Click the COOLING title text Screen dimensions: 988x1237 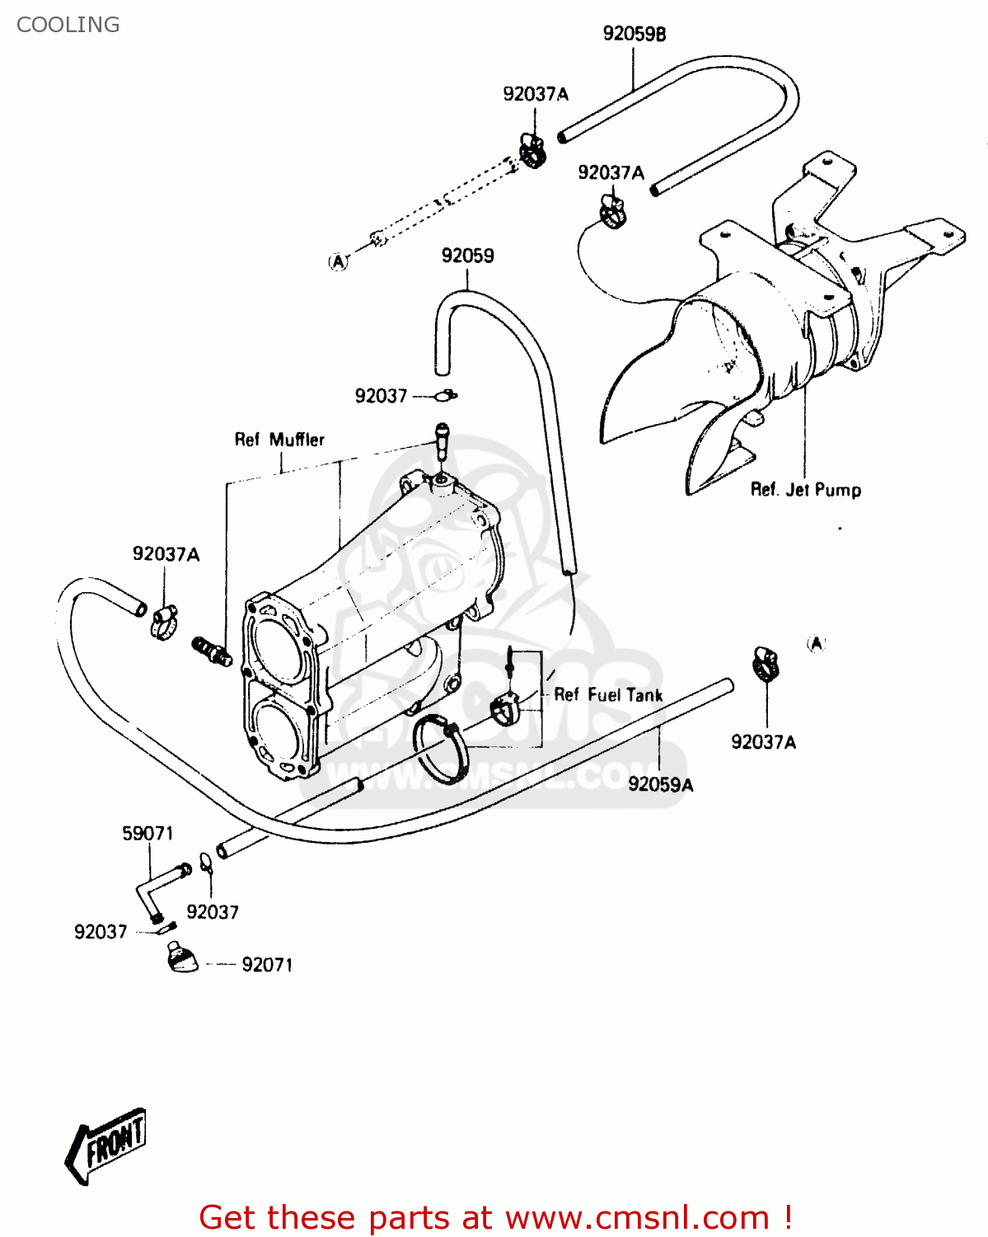pos(68,25)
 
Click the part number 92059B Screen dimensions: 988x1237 pos(634,34)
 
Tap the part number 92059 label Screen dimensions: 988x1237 pos(467,255)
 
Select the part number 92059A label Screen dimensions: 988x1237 pos(661,784)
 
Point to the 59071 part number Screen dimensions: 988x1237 pos(147,833)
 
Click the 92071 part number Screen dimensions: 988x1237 pos(267,965)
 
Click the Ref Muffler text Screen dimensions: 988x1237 pos(279,440)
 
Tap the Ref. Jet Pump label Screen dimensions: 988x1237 pos(806,490)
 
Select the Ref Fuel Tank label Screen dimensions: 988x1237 pos(608,695)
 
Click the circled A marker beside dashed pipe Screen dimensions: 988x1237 pos(339,262)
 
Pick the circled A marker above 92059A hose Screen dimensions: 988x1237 pos(817,644)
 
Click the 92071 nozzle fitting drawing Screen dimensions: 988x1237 pos(181,957)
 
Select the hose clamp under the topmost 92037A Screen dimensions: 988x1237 pos(532,151)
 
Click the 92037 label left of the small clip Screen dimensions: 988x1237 pos(381,396)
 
